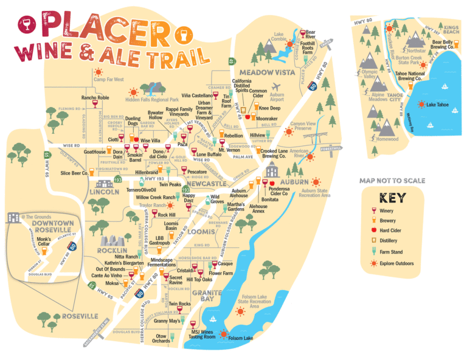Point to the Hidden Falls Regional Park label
pyautogui.click(x=151, y=99)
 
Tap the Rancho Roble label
pyautogui.click(x=95, y=97)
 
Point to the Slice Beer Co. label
pyautogui.click(x=75, y=173)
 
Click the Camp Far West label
pyautogui.click(x=109, y=79)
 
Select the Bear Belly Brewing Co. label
pyautogui.click(x=442, y=44)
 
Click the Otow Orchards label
pyautogui.click(x=161, y=338)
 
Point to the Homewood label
pyautogui.click(x=387, y=139)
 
